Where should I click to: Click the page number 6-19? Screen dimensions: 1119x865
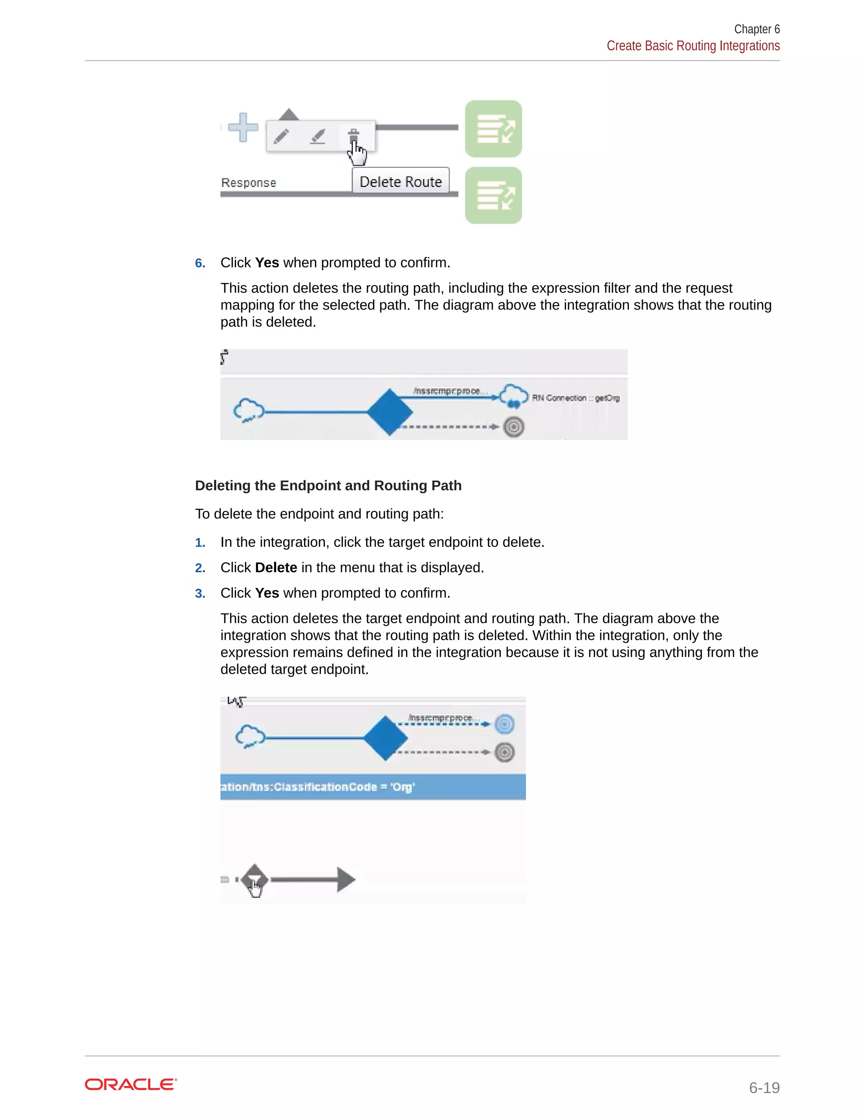click(764, 1087)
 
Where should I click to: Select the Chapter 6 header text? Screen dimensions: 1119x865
click(756, 29)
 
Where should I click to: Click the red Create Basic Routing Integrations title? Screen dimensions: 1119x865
click(693, 46)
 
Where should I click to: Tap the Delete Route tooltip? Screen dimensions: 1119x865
click(400, 182)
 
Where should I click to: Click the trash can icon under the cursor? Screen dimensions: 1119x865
click(354, 136)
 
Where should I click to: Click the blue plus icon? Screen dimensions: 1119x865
click(243, 127)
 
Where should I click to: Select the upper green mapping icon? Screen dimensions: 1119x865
click(493, 129)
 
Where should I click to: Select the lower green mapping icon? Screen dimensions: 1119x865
click(493, 195)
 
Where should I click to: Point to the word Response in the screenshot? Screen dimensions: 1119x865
click(248, 183)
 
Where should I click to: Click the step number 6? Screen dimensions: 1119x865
click(200, 263)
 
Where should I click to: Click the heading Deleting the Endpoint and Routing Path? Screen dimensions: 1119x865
click(328, 485)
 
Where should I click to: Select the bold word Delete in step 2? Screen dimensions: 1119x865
click(276, 568)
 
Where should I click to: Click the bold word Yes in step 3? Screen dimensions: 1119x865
click(267, 593)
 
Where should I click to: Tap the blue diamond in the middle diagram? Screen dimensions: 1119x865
click(390, 412)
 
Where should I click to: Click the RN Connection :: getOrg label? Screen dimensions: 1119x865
click(576, 398)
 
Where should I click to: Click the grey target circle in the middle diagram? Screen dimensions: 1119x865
click(514, 427)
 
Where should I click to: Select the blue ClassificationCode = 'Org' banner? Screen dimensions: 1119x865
click(373, 787)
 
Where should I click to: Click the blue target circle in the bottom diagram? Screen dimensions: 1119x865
click(505, 724)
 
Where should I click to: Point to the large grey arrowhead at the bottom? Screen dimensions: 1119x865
click(345, 879)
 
